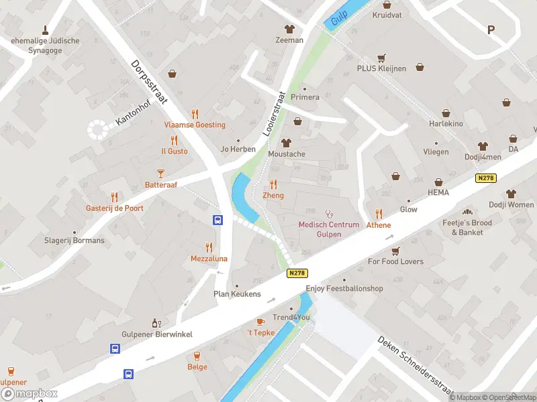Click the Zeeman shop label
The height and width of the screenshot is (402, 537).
coord(289,40)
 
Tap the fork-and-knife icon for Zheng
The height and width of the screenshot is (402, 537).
coord(273,184)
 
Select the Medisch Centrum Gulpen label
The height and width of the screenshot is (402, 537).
coord(329,229)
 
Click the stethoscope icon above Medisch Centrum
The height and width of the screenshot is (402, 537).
coord(329,213)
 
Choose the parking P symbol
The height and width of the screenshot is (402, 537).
coord(491,29)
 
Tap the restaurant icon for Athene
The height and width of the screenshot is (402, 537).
coord(379,214)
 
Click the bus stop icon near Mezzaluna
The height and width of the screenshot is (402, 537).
coord(217,220)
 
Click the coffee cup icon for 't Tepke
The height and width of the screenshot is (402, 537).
coord(260,322)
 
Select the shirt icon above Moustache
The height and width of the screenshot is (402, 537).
coord(287,143)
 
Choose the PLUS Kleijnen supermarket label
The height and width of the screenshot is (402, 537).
coord(381,68)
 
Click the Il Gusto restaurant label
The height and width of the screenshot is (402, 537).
coord(175,151)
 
